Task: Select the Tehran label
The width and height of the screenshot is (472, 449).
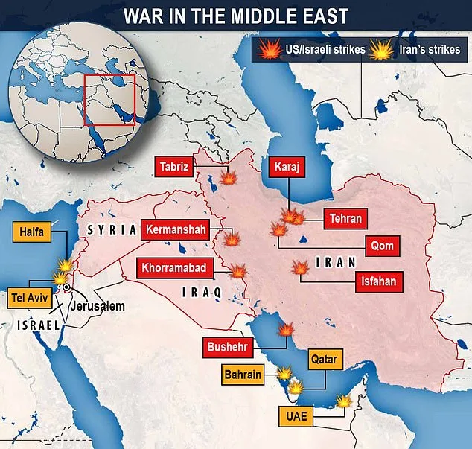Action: [343, 218]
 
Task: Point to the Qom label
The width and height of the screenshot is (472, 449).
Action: [384, 246]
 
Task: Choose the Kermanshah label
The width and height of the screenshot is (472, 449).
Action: [173, 230]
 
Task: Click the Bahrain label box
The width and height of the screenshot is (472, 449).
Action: [242, 375]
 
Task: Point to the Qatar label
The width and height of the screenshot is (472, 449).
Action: [324, 360]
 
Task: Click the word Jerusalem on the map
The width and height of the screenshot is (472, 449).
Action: [98, 306]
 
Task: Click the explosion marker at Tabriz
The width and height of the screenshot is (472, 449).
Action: [229, 179]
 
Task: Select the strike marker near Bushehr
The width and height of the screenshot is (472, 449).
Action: [285, 331]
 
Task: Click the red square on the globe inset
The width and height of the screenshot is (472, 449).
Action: [109, 100]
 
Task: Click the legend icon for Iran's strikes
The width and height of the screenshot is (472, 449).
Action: [381, 51]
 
